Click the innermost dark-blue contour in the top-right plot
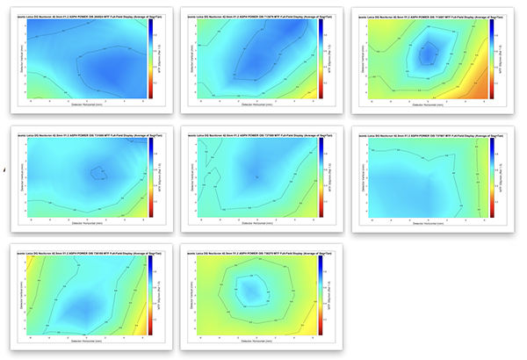[x=428, y=54]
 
